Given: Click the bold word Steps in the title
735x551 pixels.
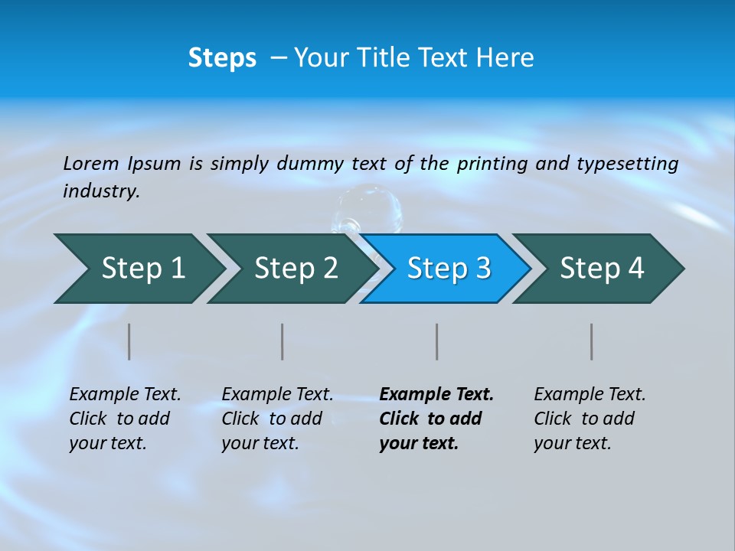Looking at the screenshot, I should click(x=222, y=58).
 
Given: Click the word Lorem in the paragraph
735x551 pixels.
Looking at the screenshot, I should click(x=90, y=163).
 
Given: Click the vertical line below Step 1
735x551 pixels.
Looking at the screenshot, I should click(x=129, y=341).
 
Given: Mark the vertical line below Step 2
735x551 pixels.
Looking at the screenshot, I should click(x=283, y=341).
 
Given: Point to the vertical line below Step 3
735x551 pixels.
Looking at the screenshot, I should click(x=437, y=341).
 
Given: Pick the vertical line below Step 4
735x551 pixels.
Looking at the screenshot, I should click(x=592, y=341).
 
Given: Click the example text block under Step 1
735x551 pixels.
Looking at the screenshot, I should click(x=125, y=419).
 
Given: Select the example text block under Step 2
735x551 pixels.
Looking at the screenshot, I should click(x=277, y=419).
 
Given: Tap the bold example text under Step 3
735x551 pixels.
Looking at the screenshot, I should click(x=436, y=419).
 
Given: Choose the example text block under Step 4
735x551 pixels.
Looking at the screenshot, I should click(x=590, y=419).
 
